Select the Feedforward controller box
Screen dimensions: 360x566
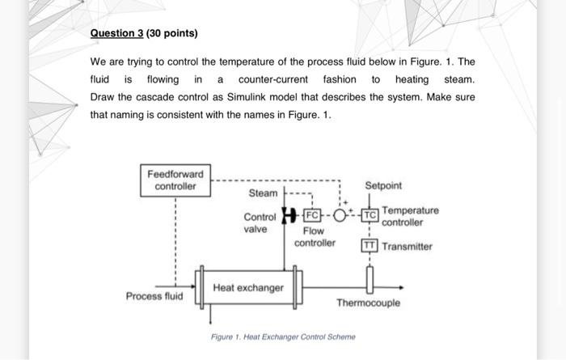[175, 180]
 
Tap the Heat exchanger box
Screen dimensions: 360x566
[248, 288]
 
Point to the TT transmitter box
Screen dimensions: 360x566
[370, 246]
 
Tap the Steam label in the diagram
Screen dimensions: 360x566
[262, 193]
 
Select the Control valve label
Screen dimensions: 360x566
[260, 222]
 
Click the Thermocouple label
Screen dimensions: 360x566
[368, 303]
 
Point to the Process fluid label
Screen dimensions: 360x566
[154, 296]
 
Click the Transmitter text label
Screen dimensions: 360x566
[407, 247]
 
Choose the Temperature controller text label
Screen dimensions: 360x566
[410, 216]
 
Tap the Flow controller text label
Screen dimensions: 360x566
[314, 236]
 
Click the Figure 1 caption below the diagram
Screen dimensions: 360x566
[283, 337]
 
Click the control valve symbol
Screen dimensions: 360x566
[286, 215]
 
